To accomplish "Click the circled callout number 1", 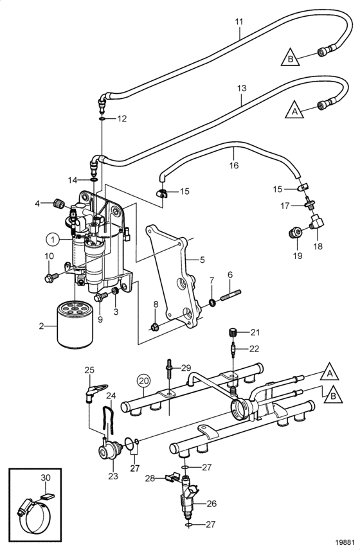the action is (53, 240).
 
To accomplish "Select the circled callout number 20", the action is (143, 380).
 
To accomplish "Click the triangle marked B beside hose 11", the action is (290, 58).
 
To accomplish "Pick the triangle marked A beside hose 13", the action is (294, 110).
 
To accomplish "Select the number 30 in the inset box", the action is (46, 477).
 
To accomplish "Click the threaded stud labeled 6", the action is (231, 295).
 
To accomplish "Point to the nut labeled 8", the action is (154, 327).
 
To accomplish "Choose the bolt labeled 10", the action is (51, 278).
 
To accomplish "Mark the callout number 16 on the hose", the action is (234, 165).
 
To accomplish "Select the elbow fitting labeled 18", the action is (316, 222).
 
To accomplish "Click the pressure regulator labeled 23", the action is (109, 452).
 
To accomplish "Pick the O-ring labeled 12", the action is (102, 119).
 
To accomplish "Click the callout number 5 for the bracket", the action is (203, 260).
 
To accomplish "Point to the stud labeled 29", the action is (169, 370).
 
